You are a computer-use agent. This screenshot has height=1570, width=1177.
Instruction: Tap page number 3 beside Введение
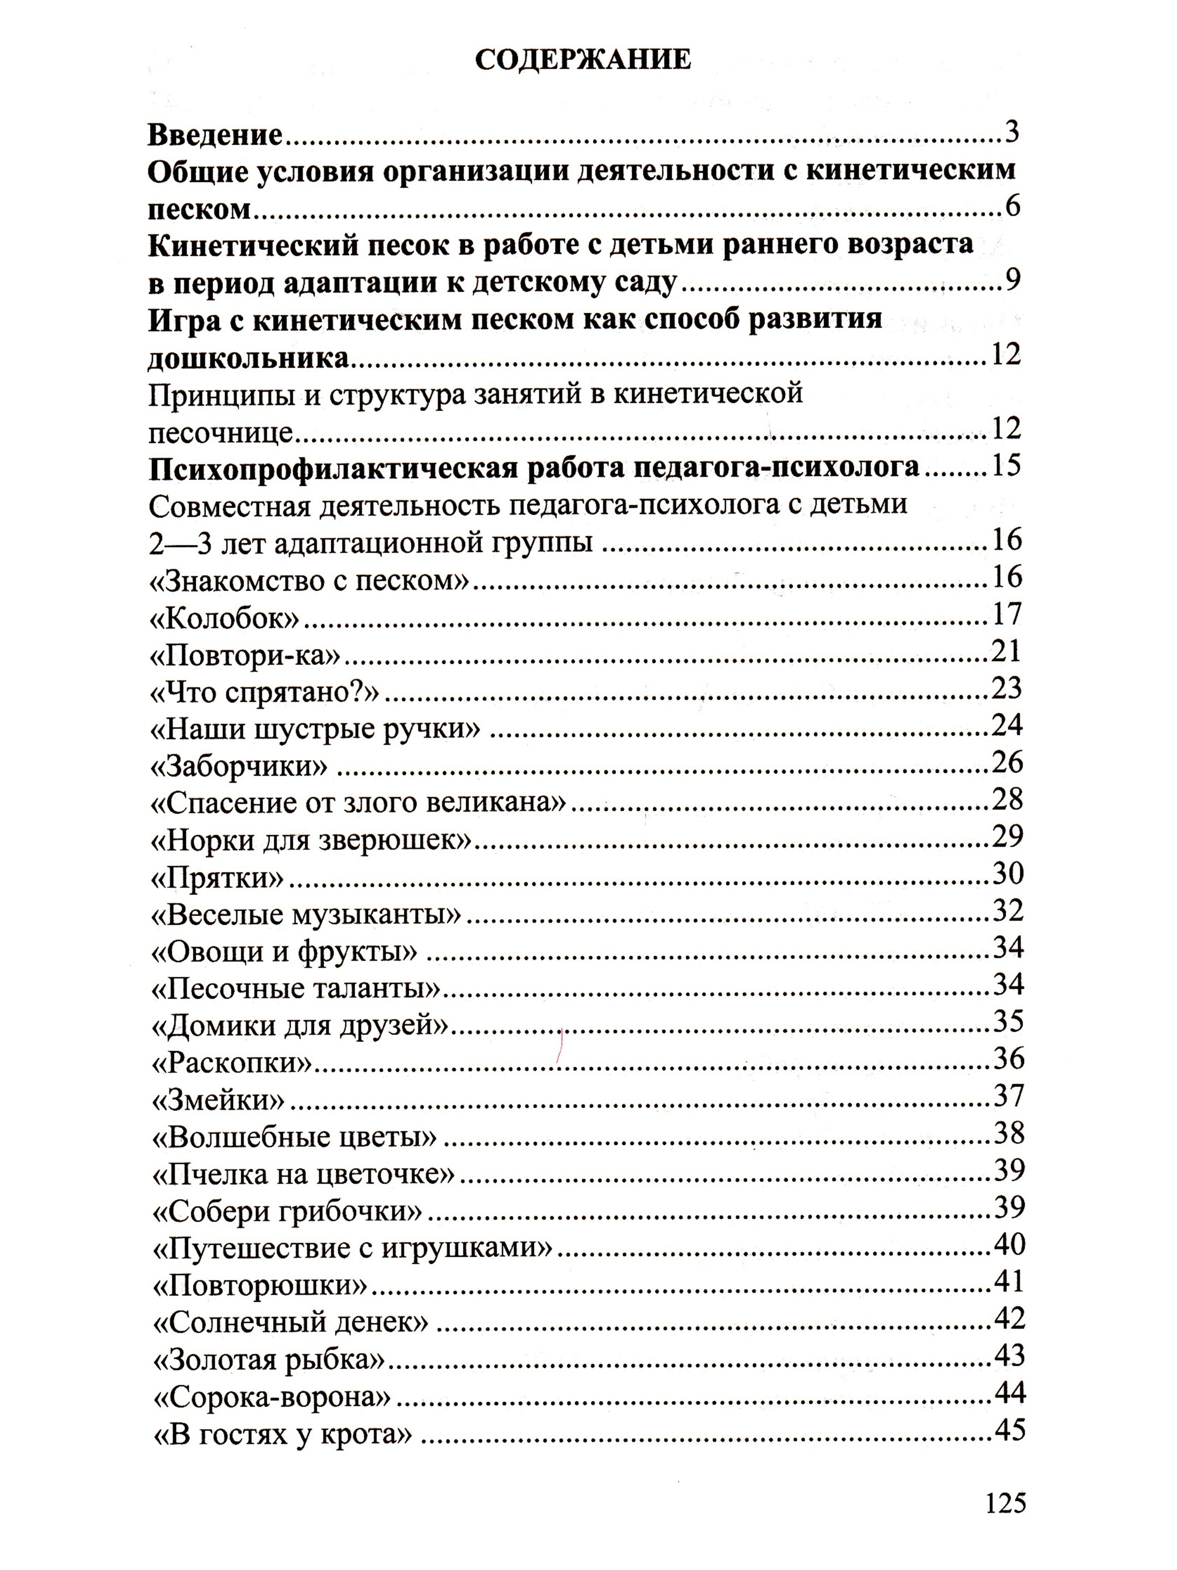(x=1012, y=132)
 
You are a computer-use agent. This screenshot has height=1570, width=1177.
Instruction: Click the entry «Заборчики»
(x=239, y=767)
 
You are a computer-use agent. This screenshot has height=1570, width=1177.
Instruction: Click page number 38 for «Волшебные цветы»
(x=1009, y=1134)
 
